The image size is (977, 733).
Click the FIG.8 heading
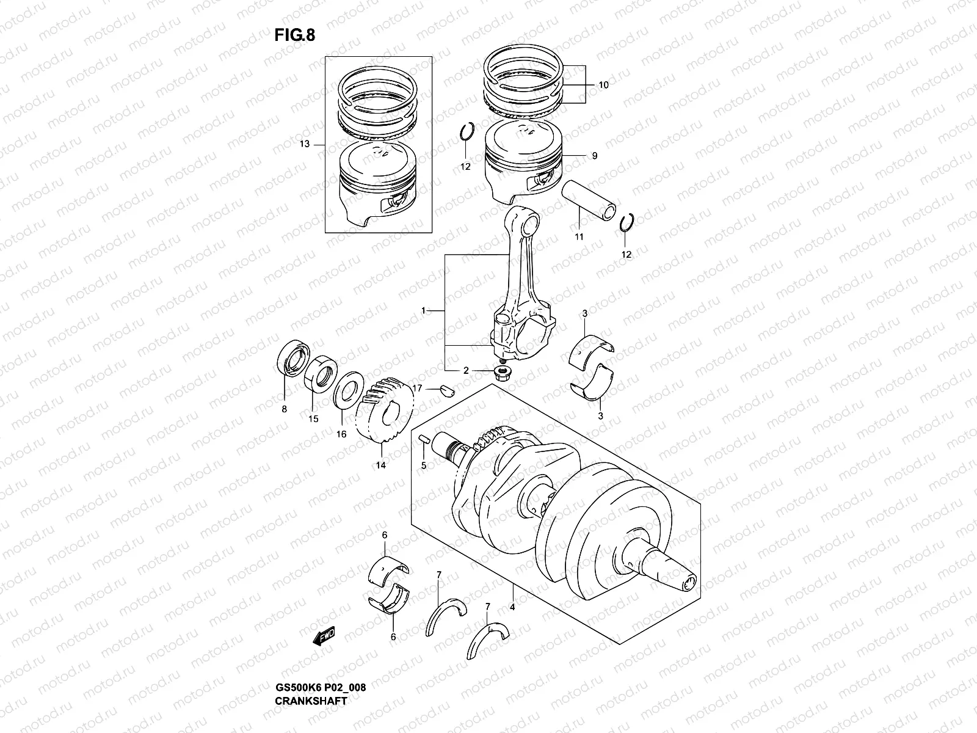(295, 35)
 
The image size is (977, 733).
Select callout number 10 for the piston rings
(603, 86)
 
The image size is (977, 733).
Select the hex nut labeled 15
(321, 374)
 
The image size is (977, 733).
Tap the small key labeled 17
(446, 389)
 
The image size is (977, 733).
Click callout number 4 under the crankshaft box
(512, 608)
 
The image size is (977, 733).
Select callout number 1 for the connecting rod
(423, 312)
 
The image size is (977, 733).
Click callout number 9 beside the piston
(594, 156)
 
